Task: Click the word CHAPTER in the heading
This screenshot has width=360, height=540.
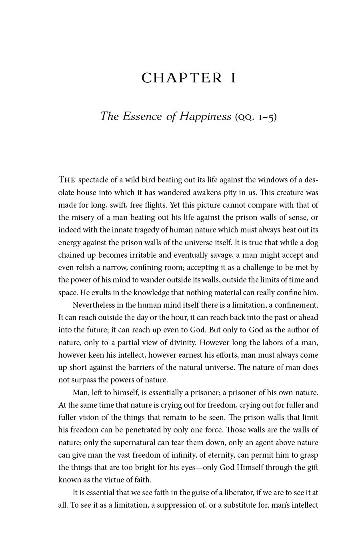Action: [182, 78]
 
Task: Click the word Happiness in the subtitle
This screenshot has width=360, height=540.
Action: [205, 116]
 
